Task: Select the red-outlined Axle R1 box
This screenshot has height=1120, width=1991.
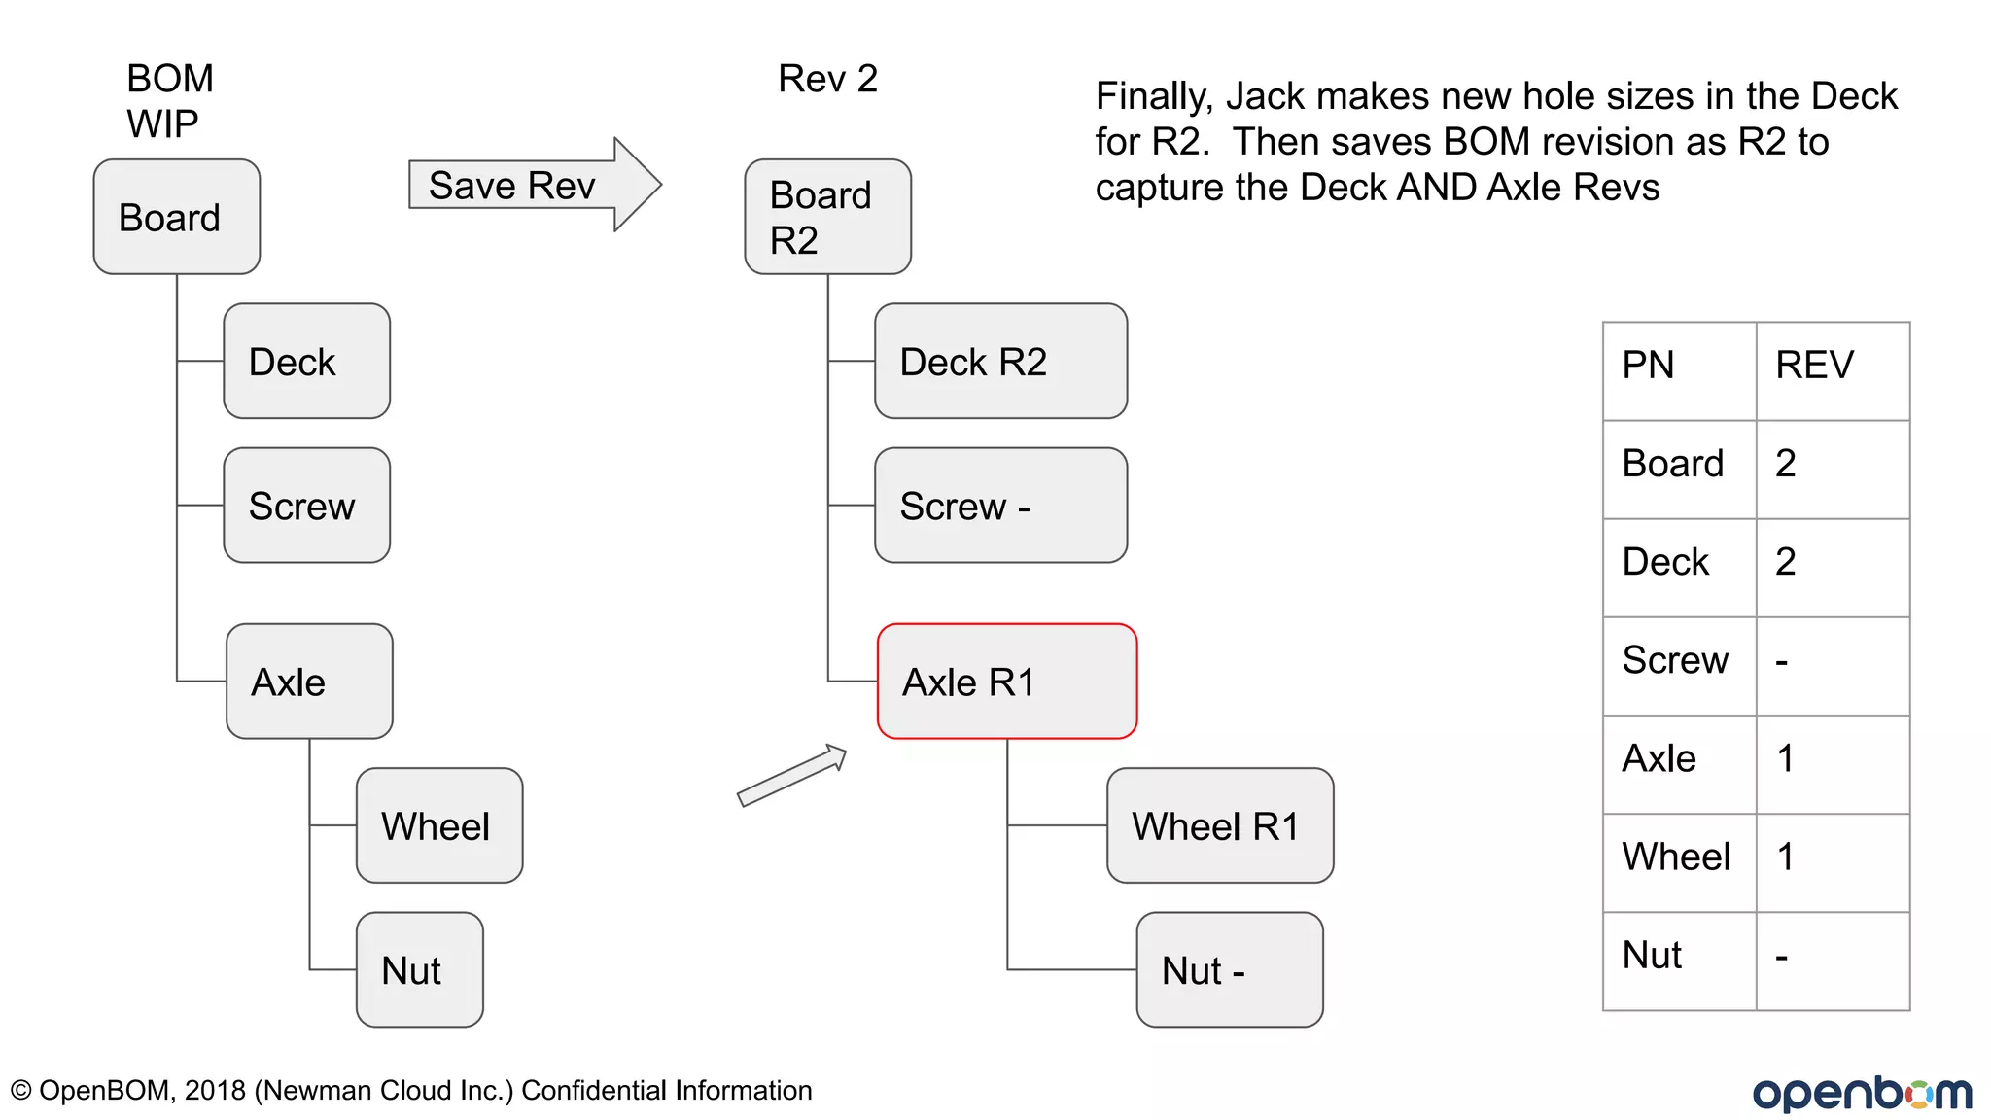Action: pyautogui.click(x=1007, y=682)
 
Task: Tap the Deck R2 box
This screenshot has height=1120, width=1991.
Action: pyautogui.click(x=1000, y=362)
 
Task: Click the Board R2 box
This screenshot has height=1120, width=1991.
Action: pyautogui.click(x=827, y=217)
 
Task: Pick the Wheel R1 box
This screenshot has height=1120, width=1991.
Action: pyautogui.click(x=1219, y=825)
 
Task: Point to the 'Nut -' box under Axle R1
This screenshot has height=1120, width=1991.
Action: pyautogui.click(x=1229, y=969)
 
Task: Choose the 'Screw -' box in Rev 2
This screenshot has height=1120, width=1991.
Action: pyautogui.click(x=1000, y=506)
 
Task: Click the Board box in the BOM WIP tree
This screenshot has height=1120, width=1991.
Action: pyautogui.click(x=176, y=217)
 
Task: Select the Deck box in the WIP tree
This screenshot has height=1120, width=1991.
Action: pyautogui.click(x=306, y=362)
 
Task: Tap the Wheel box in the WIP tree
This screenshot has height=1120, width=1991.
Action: pyautogui.click(x=438, y=825)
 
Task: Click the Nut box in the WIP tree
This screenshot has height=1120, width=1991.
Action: pyautogui.click(x=419, y=969)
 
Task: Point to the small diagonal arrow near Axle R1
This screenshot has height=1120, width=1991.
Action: pyautogui.click(x=791, y=776)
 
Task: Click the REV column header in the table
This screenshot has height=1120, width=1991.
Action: pyautogui.click(x=1832, y=369)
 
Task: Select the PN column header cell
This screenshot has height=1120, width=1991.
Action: pyautogui.click(x=1679, y=369)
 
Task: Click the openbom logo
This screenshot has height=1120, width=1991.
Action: pyautogui.click(x=1861, y=1093)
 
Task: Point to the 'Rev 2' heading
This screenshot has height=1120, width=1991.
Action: pyautogui.click(x=827, y=79)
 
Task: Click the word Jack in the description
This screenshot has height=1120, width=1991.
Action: pyautogui.click(x=1264, y=96)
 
